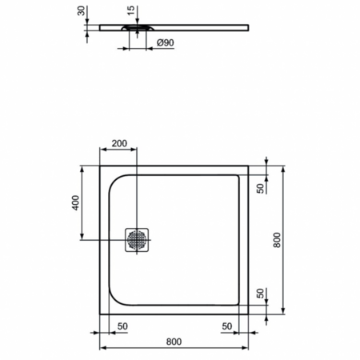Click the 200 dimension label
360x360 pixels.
point(118,143)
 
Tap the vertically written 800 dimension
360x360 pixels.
point(277,240)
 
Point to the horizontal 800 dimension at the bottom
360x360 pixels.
point(174,342)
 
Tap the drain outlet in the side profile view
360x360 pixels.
point(135,27)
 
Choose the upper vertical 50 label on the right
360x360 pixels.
point(261,188)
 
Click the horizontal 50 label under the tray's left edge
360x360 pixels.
point(123,326)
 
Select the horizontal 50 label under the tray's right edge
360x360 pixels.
point(226,326)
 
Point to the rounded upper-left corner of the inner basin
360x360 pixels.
point(115,182)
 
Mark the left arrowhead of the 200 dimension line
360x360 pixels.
point(101,150)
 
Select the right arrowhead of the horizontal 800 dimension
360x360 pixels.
point(246,348)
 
